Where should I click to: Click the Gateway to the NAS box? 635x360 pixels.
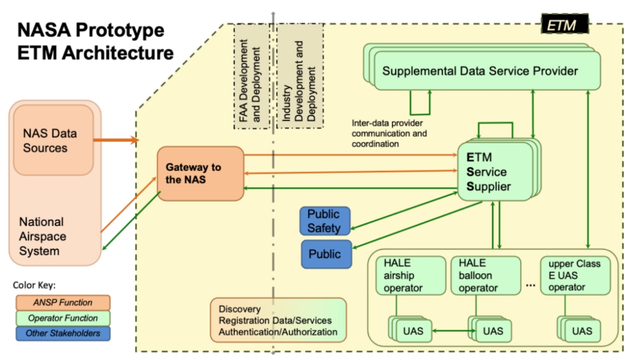coord(200,173)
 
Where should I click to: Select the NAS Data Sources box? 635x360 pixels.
coord(53,140)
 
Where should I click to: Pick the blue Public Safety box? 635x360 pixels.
coord(324,220)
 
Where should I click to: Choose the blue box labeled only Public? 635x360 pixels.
coord(325,254)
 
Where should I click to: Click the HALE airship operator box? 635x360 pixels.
coord(404,276)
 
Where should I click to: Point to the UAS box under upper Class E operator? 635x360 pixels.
coord(580,331)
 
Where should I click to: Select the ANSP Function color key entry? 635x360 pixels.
coord(63,303)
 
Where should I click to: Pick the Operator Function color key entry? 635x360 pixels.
coord(63,318)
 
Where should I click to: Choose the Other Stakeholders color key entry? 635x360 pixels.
coord(63,333)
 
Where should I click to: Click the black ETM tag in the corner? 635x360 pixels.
coord(564,25)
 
